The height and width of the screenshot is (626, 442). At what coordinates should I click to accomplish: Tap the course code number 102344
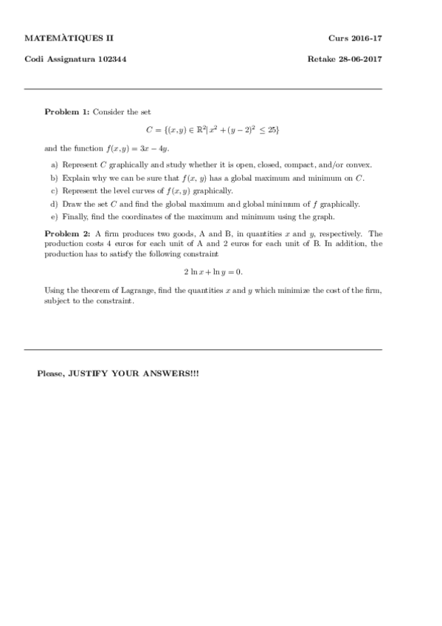tap(108, 59)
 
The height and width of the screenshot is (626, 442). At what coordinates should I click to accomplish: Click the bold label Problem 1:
tap(67, 111)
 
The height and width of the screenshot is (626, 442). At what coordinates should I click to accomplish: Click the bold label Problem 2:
tap(67, 233)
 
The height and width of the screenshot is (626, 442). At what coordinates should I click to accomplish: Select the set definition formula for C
tap(213, 130)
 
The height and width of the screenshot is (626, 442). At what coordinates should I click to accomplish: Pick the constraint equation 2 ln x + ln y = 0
tap(213, 270)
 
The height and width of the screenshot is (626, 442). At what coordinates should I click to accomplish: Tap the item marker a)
tap(54, 165)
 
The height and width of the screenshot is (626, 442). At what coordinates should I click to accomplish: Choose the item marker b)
tap(54, 178)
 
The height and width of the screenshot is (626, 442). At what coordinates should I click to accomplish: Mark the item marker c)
tap(54, 191)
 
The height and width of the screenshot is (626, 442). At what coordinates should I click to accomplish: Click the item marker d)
tap(54, 204)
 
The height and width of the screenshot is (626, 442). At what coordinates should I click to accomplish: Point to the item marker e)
tap(54, 216)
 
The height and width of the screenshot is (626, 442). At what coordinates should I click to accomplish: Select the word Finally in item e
tap(75, 216)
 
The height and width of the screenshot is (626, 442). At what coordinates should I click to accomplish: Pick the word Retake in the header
tap(321, 59)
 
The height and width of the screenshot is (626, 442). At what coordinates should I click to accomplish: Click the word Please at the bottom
tap(50, 374)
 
